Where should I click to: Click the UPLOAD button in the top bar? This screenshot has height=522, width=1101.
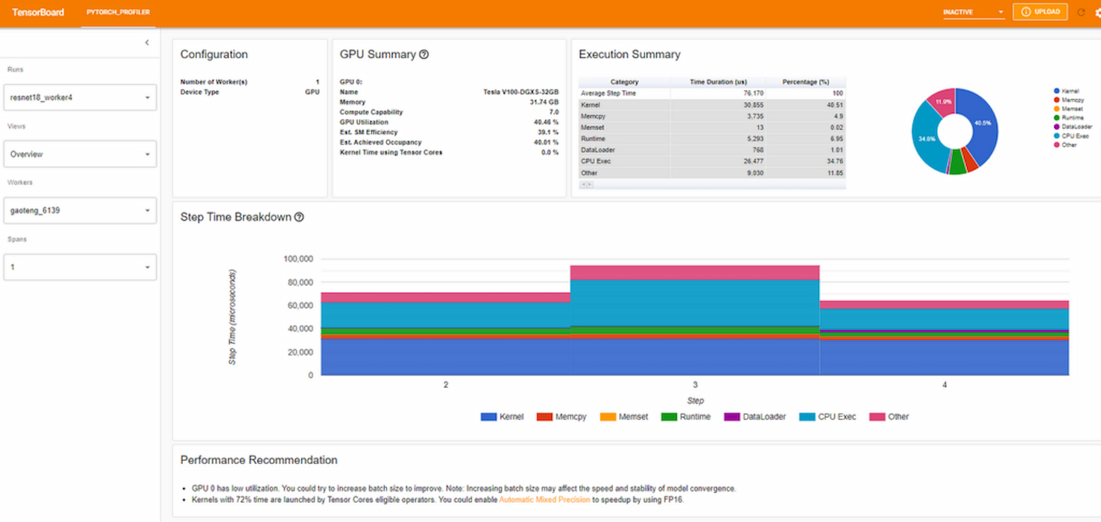1040,12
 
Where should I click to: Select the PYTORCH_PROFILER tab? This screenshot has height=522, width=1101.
118,13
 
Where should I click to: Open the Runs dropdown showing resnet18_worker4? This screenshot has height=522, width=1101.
80,97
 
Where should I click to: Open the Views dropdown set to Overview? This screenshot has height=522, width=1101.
80,154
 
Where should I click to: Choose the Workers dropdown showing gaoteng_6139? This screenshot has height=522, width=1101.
80,210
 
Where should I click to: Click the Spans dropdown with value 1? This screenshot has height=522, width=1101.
80,267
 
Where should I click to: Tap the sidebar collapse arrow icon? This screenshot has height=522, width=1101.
147,42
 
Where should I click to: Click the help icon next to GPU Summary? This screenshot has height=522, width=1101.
424,54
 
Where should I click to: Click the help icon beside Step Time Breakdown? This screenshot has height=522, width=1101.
299,217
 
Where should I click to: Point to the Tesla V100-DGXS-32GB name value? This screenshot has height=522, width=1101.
521,92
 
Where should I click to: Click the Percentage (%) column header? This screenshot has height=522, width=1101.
806,82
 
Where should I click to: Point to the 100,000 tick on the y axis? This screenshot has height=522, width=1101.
298,259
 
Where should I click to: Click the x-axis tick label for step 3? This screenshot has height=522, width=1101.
695,385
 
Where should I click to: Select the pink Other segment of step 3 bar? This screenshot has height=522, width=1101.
695,272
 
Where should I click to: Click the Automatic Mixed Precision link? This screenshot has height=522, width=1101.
545,500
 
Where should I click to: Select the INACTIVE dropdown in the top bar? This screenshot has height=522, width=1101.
973,13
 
